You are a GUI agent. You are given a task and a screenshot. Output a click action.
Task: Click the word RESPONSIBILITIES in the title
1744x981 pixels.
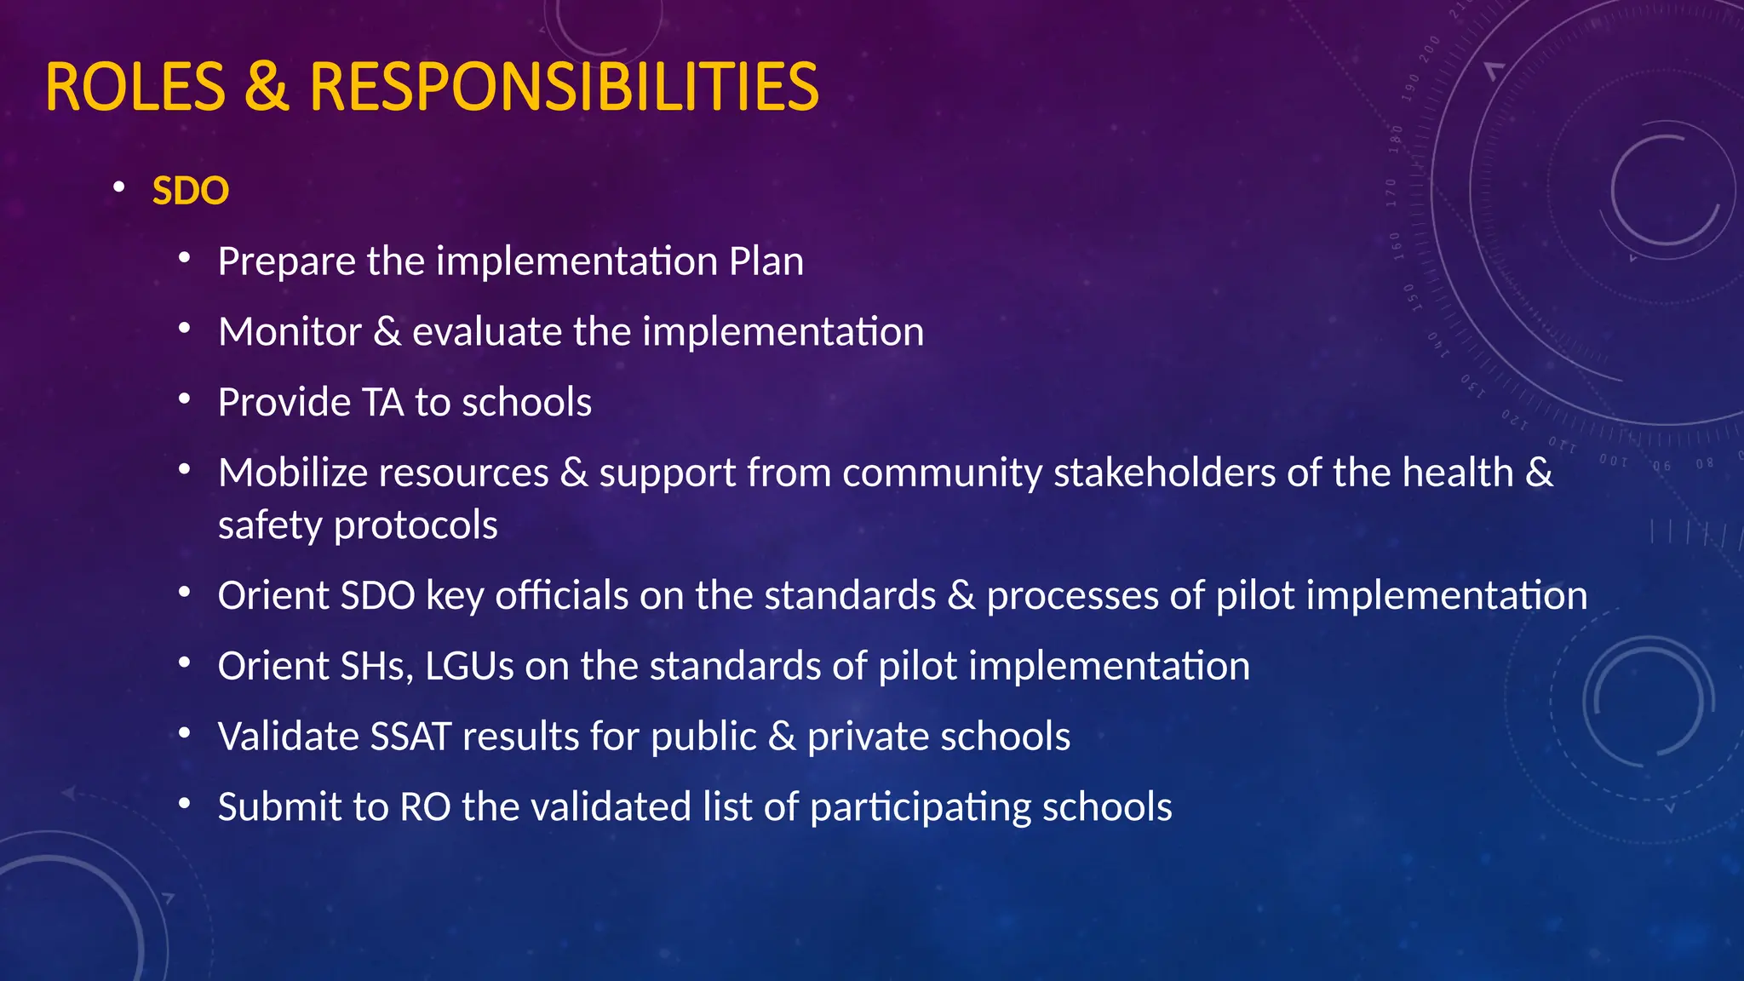pyautogui.click(x=564, y=87)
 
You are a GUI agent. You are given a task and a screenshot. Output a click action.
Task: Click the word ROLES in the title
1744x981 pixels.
pyautogui.click(x=135, y=87)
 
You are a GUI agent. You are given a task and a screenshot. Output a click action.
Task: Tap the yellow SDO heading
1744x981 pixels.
pyautogui.click(x=190, y=191)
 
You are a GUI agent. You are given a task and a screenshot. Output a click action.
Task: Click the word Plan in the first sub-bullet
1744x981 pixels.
pyautogui.click(x=766, y=261)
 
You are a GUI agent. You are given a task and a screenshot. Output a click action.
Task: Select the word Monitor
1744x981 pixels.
pyautogui.click(x=290, y=332)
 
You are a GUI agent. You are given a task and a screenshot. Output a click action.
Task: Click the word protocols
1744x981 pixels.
pyautogui.click(x=416, y=525)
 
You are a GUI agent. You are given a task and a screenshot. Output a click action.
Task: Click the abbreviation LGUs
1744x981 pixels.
pyautogui.click(x=469, y=666)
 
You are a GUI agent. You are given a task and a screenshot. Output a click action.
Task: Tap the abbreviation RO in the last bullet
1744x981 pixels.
pyautogui.click(x=425, y=807)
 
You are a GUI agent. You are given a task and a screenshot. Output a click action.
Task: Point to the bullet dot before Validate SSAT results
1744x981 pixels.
pyautogui.click(x=185, y=733)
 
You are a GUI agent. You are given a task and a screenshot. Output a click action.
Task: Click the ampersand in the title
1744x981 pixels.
pyautogui.click(x=267, y=87)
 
